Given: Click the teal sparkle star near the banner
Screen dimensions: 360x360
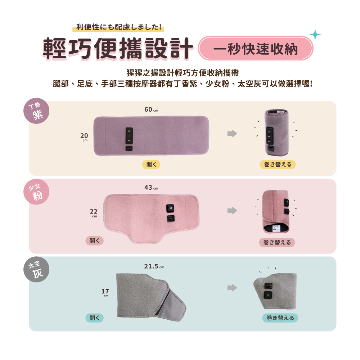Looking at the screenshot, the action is (315, 35).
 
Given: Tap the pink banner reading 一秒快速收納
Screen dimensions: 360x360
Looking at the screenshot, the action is (256, 48).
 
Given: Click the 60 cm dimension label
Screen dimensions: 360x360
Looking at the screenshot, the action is (151, 109).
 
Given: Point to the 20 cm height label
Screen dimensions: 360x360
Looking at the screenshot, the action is (84, 137).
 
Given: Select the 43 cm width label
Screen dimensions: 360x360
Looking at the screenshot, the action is (151, 188).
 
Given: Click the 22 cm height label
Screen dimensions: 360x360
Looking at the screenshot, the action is (94, 213).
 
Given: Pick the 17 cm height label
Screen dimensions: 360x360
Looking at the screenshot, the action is (105, 293).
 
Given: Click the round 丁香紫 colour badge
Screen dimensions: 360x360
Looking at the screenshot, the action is (36, 111).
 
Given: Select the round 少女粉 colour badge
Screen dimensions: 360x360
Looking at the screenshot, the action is (36, 192).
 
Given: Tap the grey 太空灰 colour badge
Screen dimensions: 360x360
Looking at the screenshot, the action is (36, 269).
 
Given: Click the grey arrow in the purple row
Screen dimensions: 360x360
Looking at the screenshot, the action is (232, 134).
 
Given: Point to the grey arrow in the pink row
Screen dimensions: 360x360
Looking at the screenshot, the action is (232, 211).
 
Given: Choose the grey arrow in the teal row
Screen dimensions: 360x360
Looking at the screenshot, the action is (232, 288).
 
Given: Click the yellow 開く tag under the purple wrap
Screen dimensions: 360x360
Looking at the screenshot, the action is (151, 165).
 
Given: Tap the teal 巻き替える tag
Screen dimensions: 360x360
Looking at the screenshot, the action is (280, 318).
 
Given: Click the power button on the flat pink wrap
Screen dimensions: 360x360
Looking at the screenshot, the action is (170, 208).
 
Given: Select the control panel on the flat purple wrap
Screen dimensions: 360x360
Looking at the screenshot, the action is (129, 136).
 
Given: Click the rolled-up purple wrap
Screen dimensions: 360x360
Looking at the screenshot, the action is (276, 132).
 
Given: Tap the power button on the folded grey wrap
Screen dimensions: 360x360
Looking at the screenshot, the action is (268, 295).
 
